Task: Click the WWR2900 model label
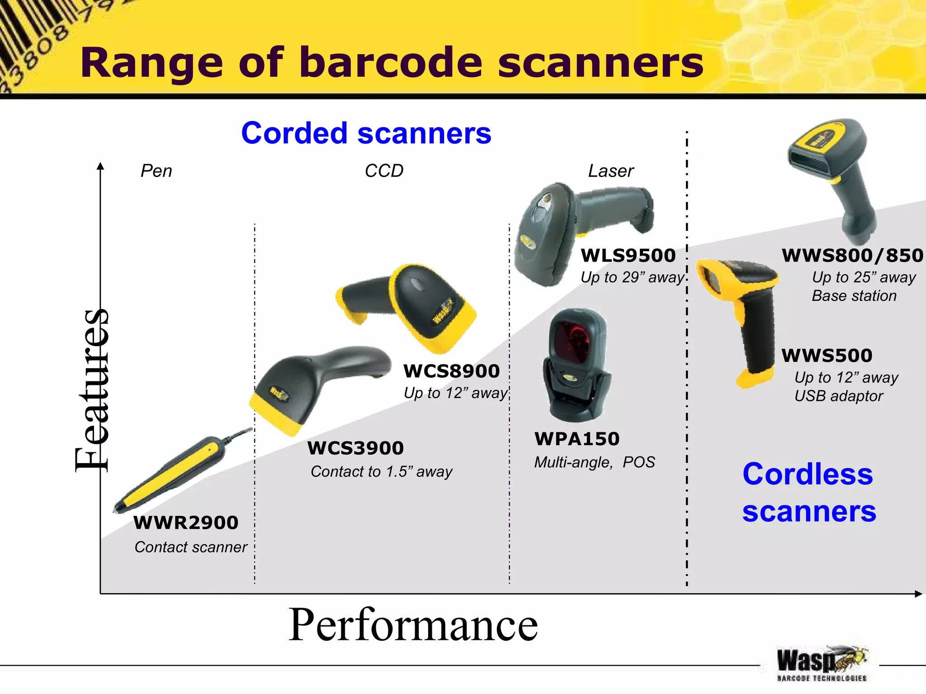pyautogui.click(x=186, y=523)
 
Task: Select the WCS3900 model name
pyautogui.click(x=355, y=448)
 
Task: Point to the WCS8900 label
pyautogui.click(x=451, y=371)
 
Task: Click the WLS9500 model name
pyautogui.click(x=628, y=256)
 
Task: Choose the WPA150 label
pyautogui.click(x=577, y=439)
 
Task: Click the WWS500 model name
pyautogui.click(x=827, y=356)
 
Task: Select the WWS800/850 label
pyautogui.click(x=852, y=256)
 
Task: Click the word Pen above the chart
pyautogui.click(x=156, y=171)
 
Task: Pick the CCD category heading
pyautogui.click(x=384, y=171)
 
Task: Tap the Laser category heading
pyautogui.click(x=611, y=171)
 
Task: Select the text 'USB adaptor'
pyautogui.click(x=838, y=396)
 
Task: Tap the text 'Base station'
pyautogui.click(x=854, y=296)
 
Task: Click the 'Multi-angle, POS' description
pyautogui.click(x=594, y=462)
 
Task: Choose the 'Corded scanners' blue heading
pyautogui.click(x=366, y=133)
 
